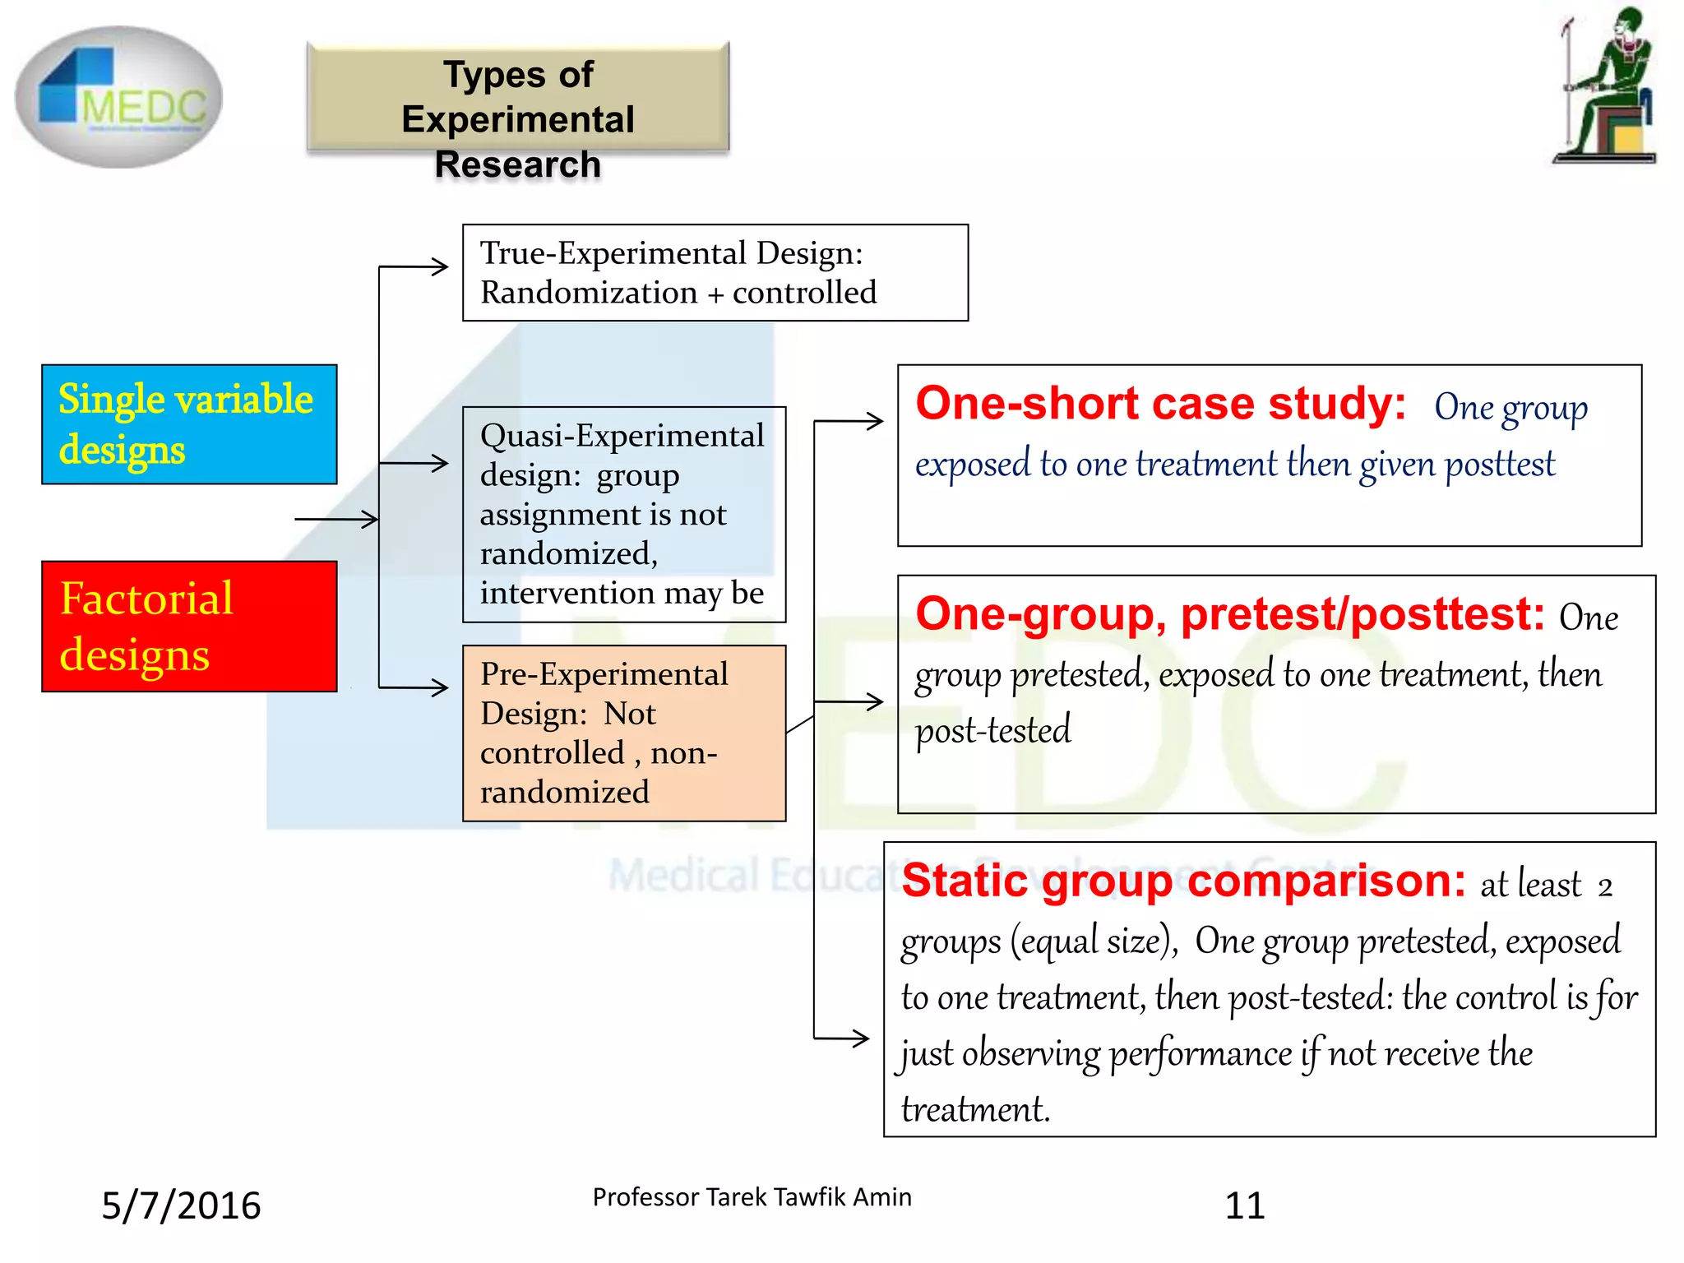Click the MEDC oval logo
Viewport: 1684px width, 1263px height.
(x=119, y=97)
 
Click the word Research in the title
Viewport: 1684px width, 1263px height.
(x=517, y=164)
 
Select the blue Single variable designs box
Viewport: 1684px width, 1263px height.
(x=189, y=424)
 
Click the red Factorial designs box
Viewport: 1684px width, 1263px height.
(x=189, y=626)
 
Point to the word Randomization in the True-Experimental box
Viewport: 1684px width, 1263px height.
(x=589, y=293)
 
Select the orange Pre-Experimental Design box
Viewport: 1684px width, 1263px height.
(x=623, y=733)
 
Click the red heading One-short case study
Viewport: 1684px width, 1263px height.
(x=1160, y=405)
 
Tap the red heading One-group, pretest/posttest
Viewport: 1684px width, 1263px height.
(x=1230, y=614)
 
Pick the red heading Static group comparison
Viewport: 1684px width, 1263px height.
(x=1183, y=881)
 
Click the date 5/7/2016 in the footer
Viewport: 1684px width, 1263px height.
(x=181, y=1205)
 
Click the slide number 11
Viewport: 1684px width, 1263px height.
(x=1244, y=1205)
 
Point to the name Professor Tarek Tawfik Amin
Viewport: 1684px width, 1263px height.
(x=752, y=1197)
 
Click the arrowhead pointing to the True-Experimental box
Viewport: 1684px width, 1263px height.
(x=442, y=266)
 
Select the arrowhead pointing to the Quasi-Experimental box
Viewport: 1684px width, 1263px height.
(x=442, y=463)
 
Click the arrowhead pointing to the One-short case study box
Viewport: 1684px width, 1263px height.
(x=877, y=421)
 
